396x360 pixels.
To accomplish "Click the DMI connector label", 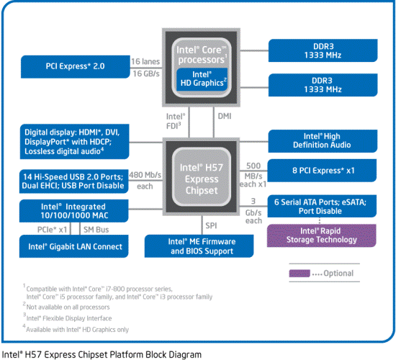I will coord(224,114).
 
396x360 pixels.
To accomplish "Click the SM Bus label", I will coord(99,229).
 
